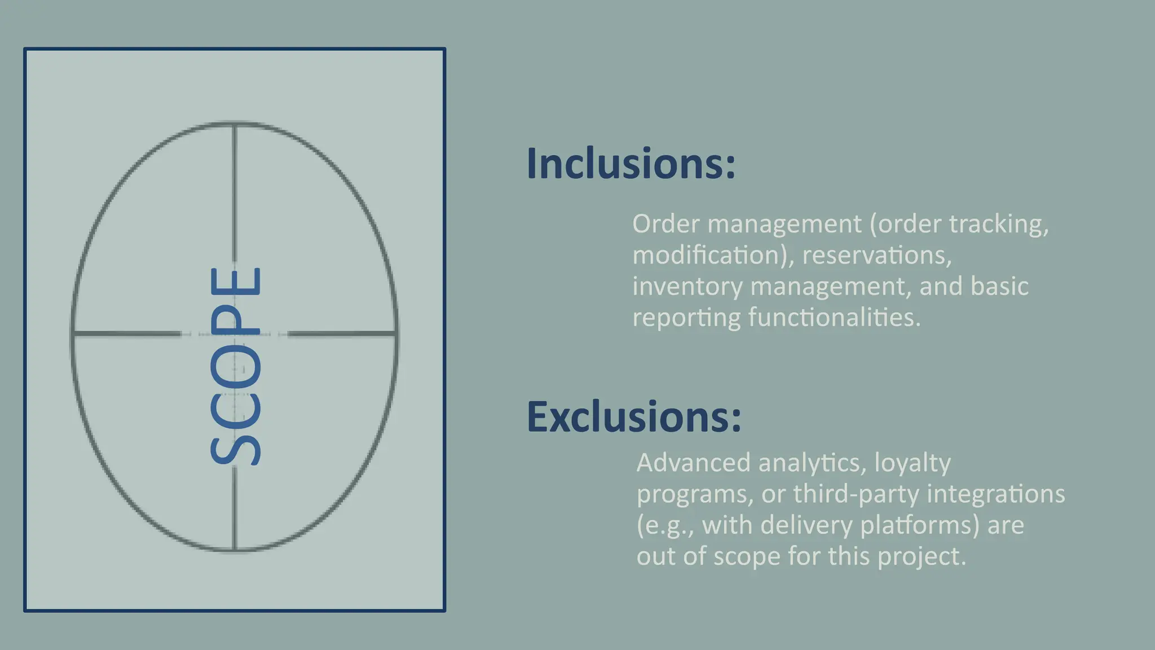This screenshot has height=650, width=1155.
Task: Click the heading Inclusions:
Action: [x=631, y=164]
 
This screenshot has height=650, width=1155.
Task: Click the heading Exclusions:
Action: [x=633, y=416]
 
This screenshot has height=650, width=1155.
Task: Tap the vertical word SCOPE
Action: [x=235, y=366]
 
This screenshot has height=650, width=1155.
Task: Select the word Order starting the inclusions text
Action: [x=665, y=224]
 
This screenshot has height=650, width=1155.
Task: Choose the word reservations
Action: [x=876, y=256]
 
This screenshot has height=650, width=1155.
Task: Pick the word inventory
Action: [x=687, y=287]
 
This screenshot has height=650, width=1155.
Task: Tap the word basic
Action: [x=999, y=286]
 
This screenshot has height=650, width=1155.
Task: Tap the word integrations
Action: [x=996, y=494]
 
